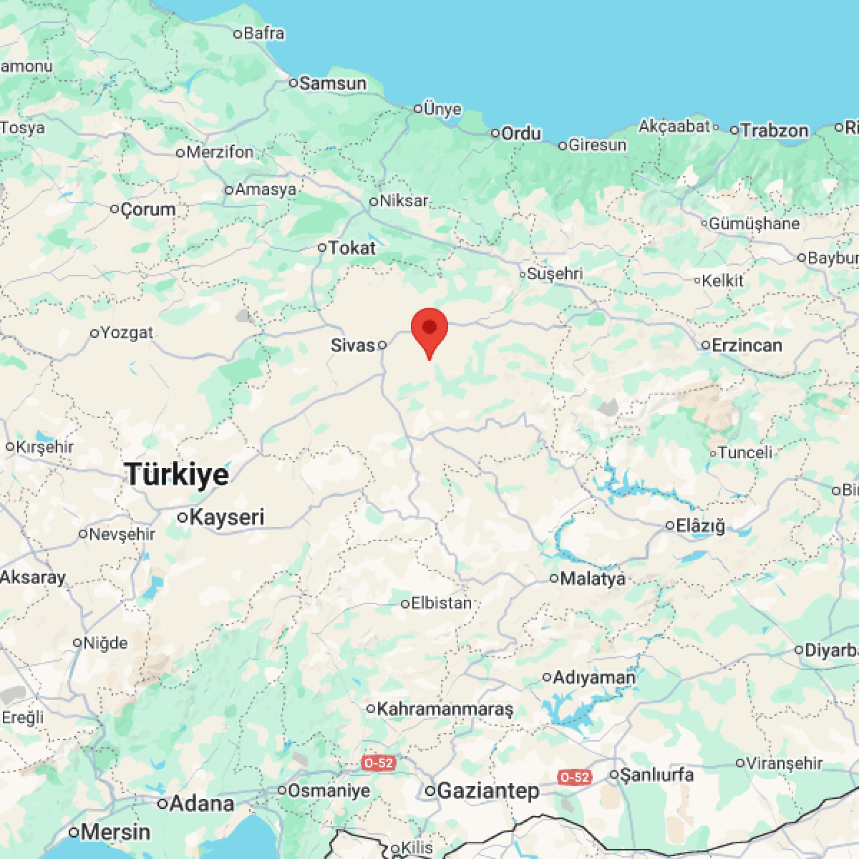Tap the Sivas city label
(353, 346)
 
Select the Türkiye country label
(177, 475)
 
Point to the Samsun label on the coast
(333, 84)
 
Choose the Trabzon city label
(775, 131)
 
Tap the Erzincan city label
(747, 346)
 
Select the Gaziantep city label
(487, 791)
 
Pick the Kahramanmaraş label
(445, 709)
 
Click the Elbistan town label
(441, 603)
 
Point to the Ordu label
(521, 134)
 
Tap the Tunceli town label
(745, 453)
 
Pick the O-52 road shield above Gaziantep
(378, 763)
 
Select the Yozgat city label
(127, 333)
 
